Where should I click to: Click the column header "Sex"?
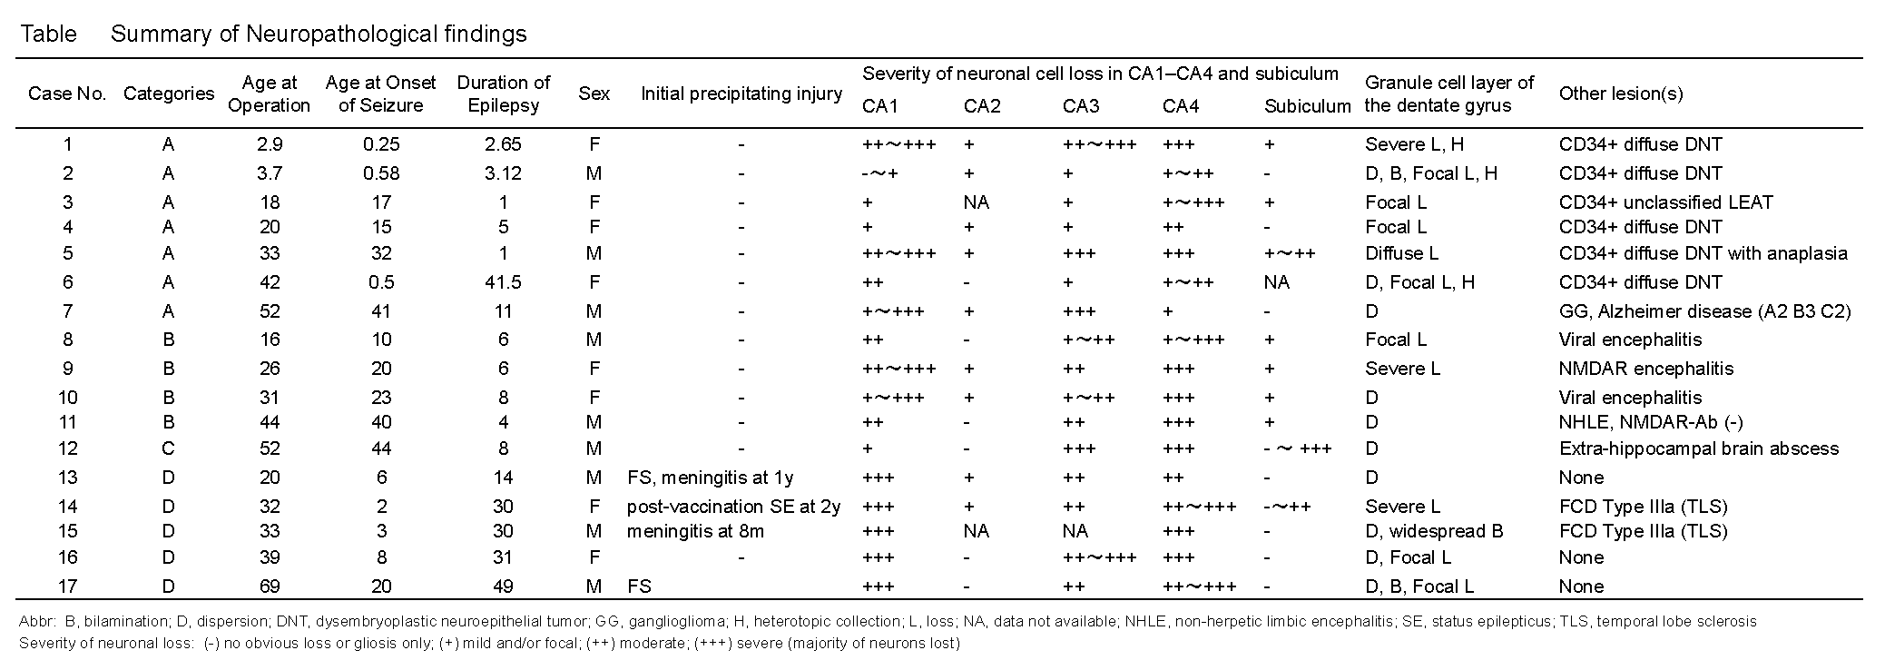594,94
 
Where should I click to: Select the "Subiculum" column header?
1307,106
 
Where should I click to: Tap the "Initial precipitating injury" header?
741,94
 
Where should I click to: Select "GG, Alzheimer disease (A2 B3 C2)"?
1704,311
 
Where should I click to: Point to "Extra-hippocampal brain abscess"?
1698,448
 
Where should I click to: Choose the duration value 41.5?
503,282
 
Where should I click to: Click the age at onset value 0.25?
381,144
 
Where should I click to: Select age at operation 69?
269,586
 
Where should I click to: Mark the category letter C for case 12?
168,448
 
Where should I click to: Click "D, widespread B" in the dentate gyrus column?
1433,531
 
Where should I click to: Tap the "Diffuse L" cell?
1401,253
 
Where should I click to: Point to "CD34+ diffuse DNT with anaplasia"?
1703,253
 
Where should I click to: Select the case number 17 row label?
67,586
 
